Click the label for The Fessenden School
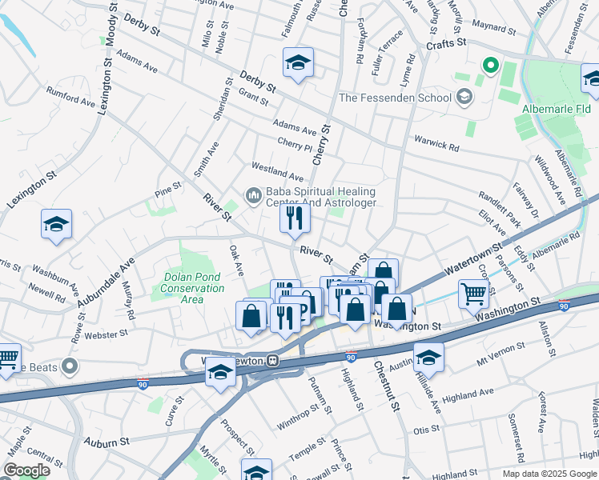396,98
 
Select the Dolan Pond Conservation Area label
191,294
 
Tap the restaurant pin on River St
295,218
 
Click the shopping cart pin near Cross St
473,294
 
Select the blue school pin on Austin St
428,358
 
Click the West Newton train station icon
272,361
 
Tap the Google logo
26,470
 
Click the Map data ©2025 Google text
549,474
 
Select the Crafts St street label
446,46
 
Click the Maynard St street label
493,29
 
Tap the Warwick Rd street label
436,143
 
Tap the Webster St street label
107,334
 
